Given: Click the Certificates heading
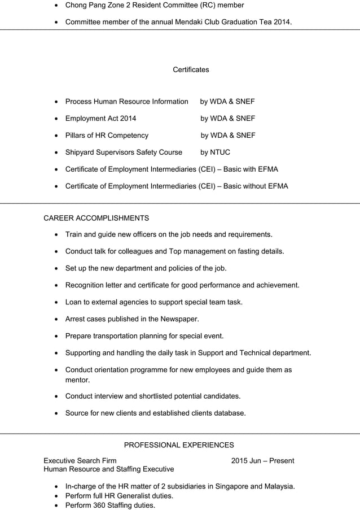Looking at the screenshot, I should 191,69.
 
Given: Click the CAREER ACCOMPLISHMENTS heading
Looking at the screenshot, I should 96,217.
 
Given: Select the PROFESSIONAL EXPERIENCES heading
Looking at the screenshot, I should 179,445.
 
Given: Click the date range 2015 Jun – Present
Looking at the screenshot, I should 262,461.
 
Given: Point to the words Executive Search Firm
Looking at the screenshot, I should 80,461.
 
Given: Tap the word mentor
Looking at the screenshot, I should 77,380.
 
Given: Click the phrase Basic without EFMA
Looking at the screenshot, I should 256,186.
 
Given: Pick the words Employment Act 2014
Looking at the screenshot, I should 100,118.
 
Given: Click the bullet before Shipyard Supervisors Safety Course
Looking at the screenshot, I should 55,152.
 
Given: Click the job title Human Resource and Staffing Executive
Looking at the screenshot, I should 109,469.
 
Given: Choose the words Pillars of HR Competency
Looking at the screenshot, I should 107,135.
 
